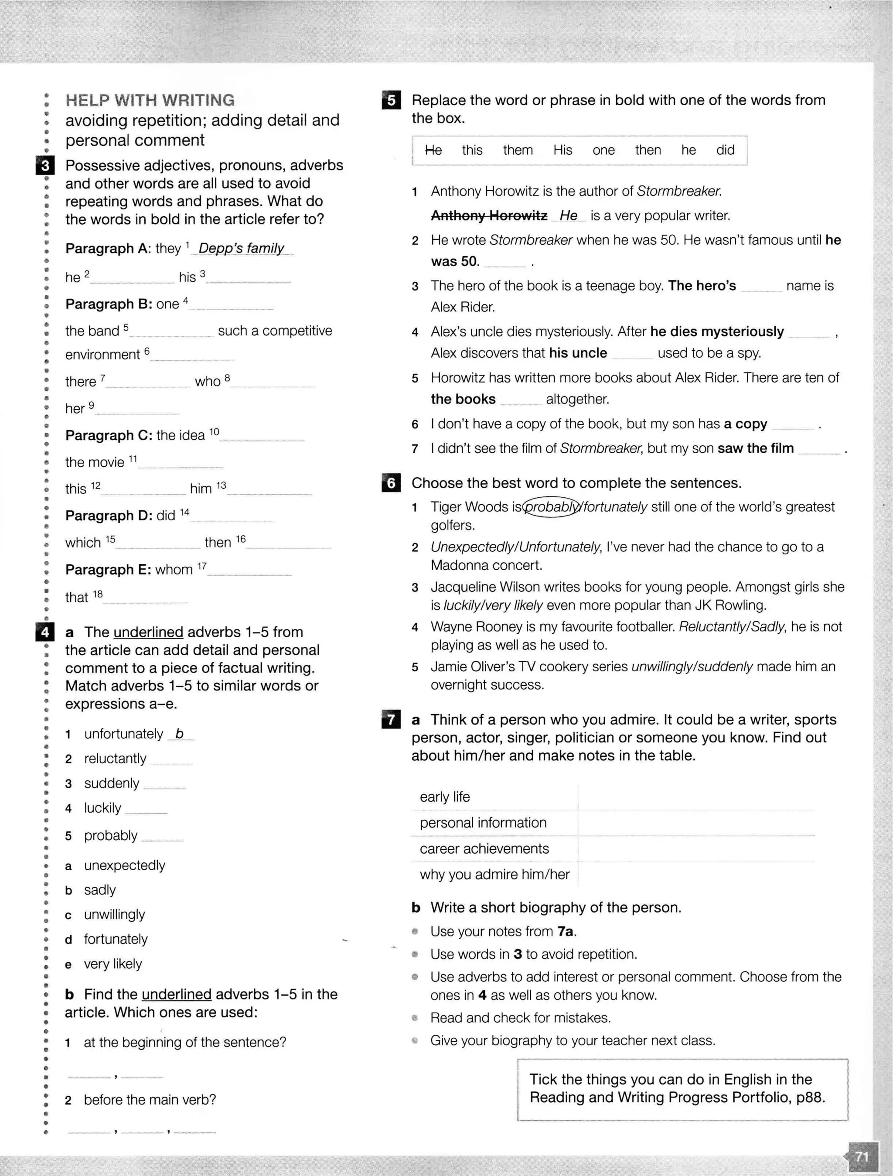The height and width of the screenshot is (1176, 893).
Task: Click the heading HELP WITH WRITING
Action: [x=150, y=100]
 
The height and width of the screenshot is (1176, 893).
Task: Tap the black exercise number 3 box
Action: [x=44, y=166]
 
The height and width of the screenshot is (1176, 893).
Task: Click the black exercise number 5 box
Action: [x=391, y=100]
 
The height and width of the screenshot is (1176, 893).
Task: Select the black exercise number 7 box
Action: [x=391, y=720]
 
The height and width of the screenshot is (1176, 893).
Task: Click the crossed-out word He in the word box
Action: [x=433, y=150]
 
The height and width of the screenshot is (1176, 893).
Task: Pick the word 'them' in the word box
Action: [x=518, y=150]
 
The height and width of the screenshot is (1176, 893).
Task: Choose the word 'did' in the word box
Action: [x=725, y=150]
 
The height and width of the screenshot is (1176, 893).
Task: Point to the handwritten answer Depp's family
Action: [x=241, y=248]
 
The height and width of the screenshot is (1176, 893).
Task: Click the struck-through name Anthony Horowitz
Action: [x=489, y=215]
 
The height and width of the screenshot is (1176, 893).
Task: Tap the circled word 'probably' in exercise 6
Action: [x=551, y=507]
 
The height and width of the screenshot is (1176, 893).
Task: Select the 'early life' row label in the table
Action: [x=445, y=797]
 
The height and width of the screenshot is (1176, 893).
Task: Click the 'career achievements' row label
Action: [x=484, y=848]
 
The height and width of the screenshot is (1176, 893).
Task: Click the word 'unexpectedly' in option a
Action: [x=124, y=865]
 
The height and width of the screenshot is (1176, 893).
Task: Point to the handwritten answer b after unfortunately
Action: [x=179, y=734]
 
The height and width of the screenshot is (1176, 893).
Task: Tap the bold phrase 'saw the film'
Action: [x=755, y=449]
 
